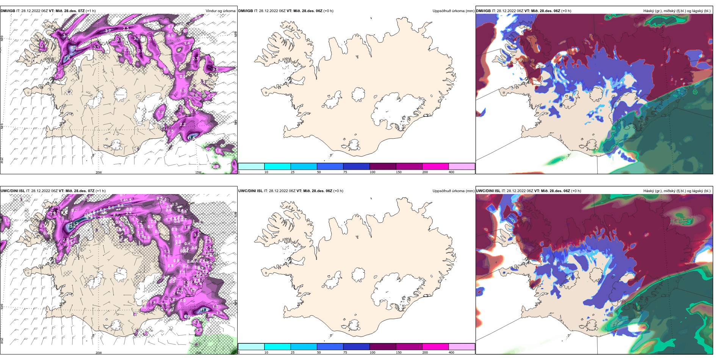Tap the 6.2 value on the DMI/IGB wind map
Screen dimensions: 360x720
tap(74, 48)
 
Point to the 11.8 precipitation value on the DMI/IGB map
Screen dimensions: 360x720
tap(192, 138)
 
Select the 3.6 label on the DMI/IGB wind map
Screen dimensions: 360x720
tap(215, 70)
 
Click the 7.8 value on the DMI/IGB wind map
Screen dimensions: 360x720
tap(67, 58)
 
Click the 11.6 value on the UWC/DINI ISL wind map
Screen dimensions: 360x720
tap(204, 310)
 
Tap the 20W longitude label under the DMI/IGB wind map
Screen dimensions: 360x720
tap(99, 172)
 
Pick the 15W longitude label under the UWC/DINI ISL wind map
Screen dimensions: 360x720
tap(198, 352)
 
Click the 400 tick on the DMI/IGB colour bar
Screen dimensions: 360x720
tap(451, 172)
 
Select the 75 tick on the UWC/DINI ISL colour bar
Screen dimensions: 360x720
tap(345, 352)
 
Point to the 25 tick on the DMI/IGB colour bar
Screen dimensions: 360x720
tap(293, 172)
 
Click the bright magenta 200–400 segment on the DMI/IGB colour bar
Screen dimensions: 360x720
tap(435, 166)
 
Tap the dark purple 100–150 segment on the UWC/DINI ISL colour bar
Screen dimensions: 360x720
tap(383, 346)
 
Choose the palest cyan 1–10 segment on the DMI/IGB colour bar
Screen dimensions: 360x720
tap(251, 166)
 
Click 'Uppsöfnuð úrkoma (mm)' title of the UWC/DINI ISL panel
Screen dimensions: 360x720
tap(453, 191)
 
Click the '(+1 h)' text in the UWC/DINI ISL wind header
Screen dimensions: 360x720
tap(100, 191)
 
